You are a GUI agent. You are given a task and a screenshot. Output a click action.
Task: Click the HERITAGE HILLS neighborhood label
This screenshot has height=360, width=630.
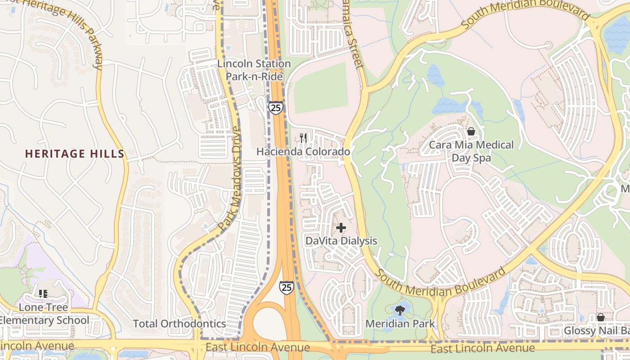[75, 154]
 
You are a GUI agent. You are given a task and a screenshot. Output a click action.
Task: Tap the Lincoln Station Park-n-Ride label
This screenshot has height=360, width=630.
[254, 70]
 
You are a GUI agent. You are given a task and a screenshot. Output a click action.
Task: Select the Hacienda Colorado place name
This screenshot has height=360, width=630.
[303, 152]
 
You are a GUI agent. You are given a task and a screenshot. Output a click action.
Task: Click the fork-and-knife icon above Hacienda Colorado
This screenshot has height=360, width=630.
[304, 138]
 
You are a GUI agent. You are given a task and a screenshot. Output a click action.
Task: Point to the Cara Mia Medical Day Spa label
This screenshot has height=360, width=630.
[471, 151]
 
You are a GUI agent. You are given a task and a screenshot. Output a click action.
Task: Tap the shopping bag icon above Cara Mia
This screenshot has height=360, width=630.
[471, 131]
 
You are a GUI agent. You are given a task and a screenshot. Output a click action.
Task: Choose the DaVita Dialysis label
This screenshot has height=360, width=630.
[341, 241]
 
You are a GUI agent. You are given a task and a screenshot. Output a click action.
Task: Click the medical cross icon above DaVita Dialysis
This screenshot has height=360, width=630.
[341, 228]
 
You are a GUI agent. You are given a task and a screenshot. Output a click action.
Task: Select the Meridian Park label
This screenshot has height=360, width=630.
[400, 324]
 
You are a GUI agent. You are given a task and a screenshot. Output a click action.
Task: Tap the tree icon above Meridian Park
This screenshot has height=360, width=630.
[400, 310]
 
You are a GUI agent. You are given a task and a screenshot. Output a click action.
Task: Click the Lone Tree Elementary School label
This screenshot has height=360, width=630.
[44, 314]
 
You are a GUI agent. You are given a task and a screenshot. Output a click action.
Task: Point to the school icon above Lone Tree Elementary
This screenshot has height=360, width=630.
[43, 294]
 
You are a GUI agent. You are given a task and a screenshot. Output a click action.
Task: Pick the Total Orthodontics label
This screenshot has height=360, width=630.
[180, 324]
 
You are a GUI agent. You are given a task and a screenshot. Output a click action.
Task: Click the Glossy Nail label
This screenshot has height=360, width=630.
[596, 331]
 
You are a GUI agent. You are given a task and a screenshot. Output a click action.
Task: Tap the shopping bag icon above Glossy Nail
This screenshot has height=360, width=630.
[600, 318]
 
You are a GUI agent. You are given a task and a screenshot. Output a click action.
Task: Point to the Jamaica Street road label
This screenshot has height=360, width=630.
[353, 34]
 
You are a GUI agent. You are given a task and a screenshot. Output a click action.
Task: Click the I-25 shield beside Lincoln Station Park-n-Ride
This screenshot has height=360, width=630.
[275, 108]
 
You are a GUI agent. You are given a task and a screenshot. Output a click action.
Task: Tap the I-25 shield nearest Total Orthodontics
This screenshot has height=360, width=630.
[287, 287]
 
